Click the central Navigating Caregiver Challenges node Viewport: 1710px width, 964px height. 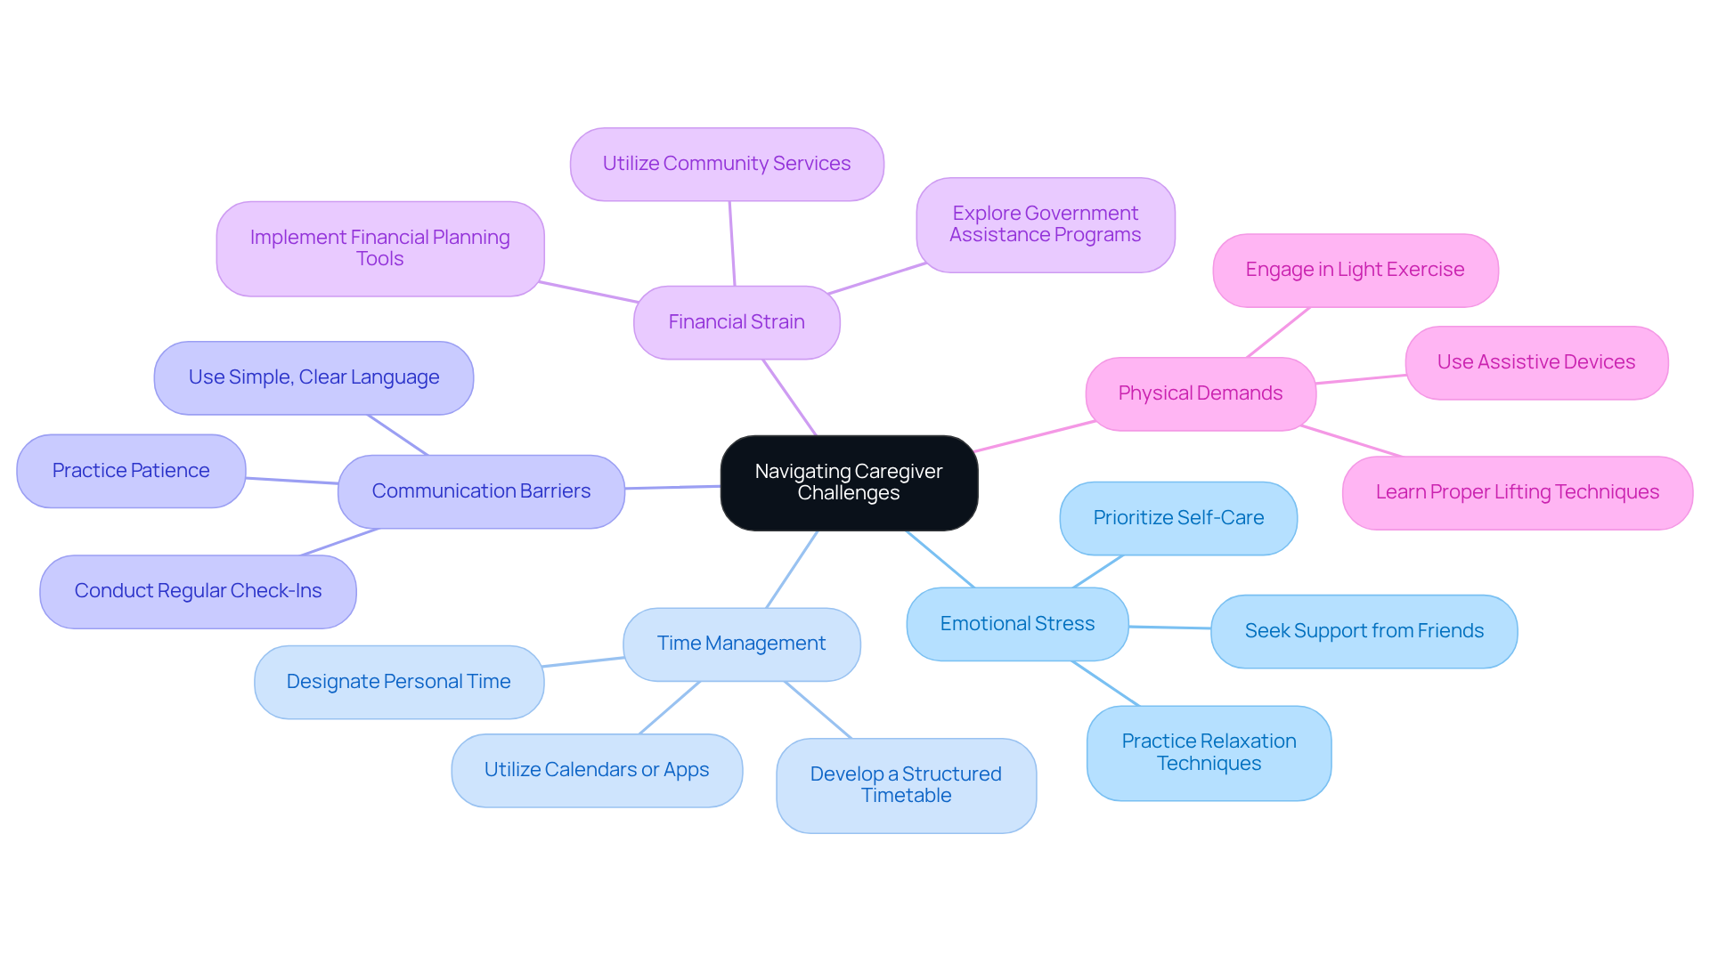tap(849, 482)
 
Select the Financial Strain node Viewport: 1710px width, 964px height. tap(737, 322)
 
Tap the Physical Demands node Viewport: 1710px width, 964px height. tap(1200, 393)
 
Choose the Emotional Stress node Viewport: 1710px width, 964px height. tap(1017, 624)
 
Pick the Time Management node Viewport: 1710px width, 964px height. tap(741, 644)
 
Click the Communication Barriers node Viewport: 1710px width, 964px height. tap(481, 491)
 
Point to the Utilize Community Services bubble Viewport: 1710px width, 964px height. tap(727, 164)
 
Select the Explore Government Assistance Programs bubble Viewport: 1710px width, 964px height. tap(1045, 224)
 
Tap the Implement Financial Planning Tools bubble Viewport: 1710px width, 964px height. tap(379, 248)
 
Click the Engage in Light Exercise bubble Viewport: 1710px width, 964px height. tap(1355, 270)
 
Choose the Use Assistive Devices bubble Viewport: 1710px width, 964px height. tap(1535, 362)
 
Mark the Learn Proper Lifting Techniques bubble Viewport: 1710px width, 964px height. tap(1517, 492)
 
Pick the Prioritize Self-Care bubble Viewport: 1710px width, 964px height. tap(1178, 518)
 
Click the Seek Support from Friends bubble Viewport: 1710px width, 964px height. tap(1364, 631)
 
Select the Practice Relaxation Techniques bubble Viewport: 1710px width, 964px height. tap(1209, 752)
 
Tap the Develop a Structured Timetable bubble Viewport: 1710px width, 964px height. tap(906, 785)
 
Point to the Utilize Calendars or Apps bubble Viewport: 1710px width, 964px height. tap(597, 770)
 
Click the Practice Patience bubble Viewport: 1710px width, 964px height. tap(131, 471)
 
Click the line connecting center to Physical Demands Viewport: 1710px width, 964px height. tap(1035, 436)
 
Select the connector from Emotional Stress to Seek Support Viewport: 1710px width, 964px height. tap(1169, 628)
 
